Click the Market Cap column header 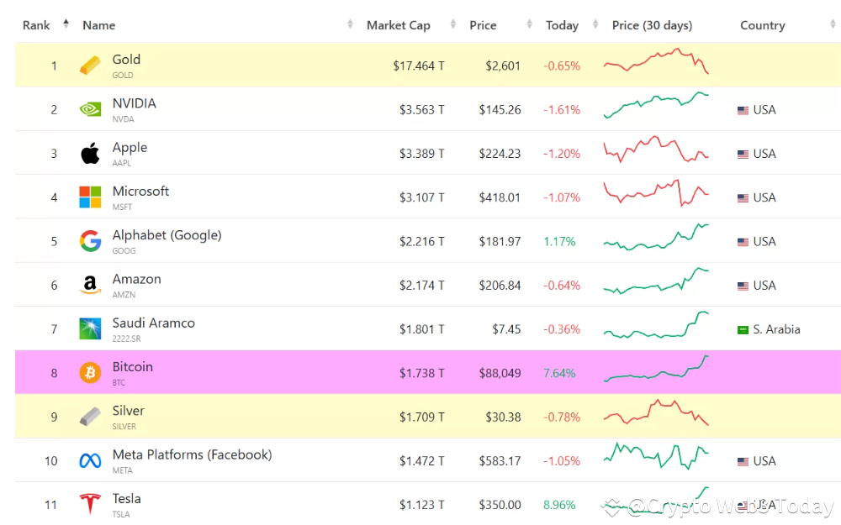coord(398,25)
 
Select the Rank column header coord(36,25)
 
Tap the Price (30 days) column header coord(652,25)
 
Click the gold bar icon coord(90,66)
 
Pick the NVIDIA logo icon coord(90,109)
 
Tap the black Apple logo coord(90,154)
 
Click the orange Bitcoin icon coord(90,373)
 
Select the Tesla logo coord(90,504)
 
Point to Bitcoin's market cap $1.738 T coord(421,373)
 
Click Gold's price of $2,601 coord(503,66)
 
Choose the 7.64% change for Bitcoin coord(559,373)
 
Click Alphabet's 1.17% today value coord(559,241)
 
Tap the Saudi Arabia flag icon coord(743,329)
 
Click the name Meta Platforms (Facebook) coord(192,454)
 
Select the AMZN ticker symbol coord(124,295)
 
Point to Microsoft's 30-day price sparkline coord(656,193)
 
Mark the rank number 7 coord(54,329)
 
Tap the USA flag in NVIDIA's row coord(743,110)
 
